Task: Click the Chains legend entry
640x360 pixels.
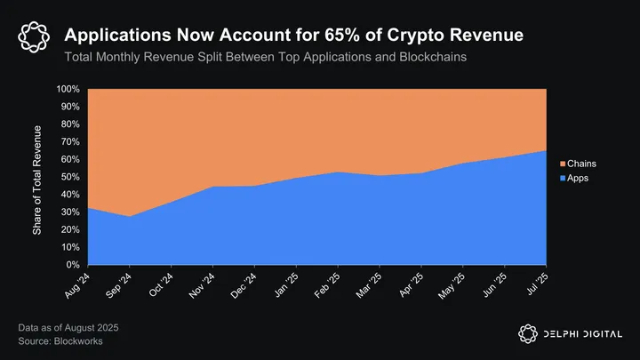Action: [x=579, y=164]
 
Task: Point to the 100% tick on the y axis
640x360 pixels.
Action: [x=68, y=90]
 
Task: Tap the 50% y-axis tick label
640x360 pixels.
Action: [x=69, y=177]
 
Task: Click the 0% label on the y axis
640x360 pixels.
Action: [x=73, y=265]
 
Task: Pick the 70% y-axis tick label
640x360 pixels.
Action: [x=69, y=142]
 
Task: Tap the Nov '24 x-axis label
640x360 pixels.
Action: [x=202, y=285]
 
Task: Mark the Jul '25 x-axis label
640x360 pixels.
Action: [x=536, y=284]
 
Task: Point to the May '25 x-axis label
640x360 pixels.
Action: [x=452, y=285]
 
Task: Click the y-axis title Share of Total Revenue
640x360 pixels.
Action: [x=38, y=177]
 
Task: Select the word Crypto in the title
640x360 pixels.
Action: [x=434, y=36]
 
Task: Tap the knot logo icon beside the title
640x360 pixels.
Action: [x=33, y=36]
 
